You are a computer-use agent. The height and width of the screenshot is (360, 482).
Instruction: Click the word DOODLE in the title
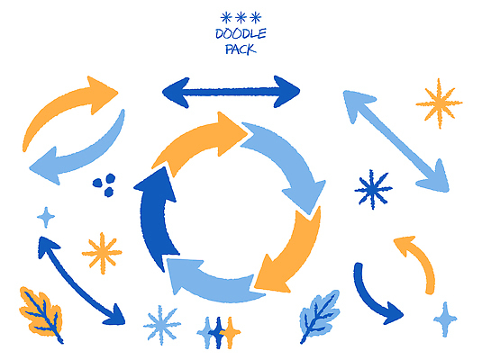click(241, 34)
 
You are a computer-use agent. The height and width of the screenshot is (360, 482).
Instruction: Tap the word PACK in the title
click(241, 49)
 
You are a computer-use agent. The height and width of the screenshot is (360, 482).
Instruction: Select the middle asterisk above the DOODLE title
click(241, 17)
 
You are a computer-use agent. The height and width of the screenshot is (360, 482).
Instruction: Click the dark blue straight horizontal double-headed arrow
click(231, 92)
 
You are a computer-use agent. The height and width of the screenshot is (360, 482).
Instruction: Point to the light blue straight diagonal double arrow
click(396, 141)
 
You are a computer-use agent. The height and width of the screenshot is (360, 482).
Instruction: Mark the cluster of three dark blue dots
click(105, 184)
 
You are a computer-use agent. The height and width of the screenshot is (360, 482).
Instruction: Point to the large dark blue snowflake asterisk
click(373, 189)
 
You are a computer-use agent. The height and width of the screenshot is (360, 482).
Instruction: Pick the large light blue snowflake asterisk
click(161, 324)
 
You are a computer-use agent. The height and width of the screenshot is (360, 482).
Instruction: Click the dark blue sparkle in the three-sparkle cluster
click(218, 333)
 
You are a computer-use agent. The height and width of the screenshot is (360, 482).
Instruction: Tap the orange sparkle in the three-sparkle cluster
click(230, 333)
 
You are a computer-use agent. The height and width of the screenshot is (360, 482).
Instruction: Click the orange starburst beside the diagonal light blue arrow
click(439, 103)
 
